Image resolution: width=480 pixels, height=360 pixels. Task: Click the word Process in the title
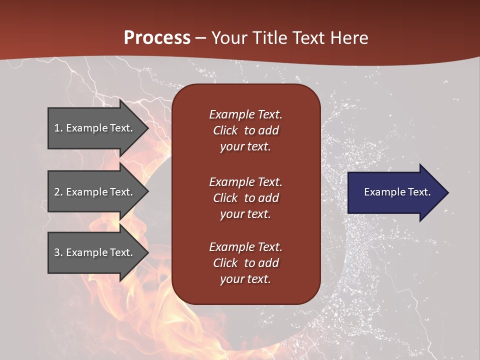pos(157,38)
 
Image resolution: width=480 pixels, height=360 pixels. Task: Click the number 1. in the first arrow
pos(58,128)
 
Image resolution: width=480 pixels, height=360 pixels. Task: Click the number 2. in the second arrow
pos(58,192)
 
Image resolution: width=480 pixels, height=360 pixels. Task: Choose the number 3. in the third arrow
pos(58,252)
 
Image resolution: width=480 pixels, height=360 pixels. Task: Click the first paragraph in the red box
pos(245,130)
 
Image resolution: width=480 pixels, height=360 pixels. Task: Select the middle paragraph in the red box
pos(245,198)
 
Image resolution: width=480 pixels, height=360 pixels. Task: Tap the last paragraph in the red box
pos(245,263)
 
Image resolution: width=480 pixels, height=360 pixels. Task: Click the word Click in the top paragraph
pos(225,131)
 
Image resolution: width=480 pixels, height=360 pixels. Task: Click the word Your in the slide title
pos(229,38)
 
